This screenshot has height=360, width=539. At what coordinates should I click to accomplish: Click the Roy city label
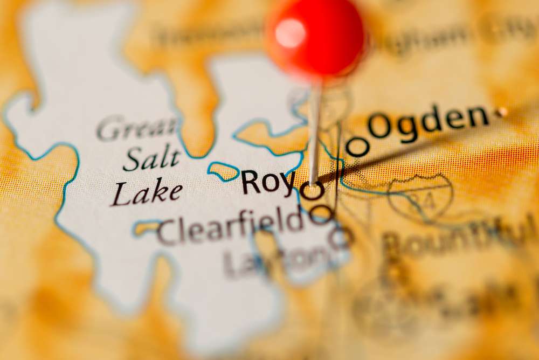tap(268, 182)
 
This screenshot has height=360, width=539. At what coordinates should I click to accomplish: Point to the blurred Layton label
tap(275, 259)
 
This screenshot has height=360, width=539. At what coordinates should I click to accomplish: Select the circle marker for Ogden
tap(357, 146)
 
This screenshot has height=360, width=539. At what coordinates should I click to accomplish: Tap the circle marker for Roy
tap(313, 190)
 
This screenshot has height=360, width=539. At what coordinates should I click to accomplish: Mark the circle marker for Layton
tap(341, 237)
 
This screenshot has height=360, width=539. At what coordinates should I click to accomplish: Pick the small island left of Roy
tap(223, 171)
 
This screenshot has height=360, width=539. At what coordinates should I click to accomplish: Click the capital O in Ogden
tap(380, 126)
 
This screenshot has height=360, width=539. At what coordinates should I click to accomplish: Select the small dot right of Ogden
tap(502, 112)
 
